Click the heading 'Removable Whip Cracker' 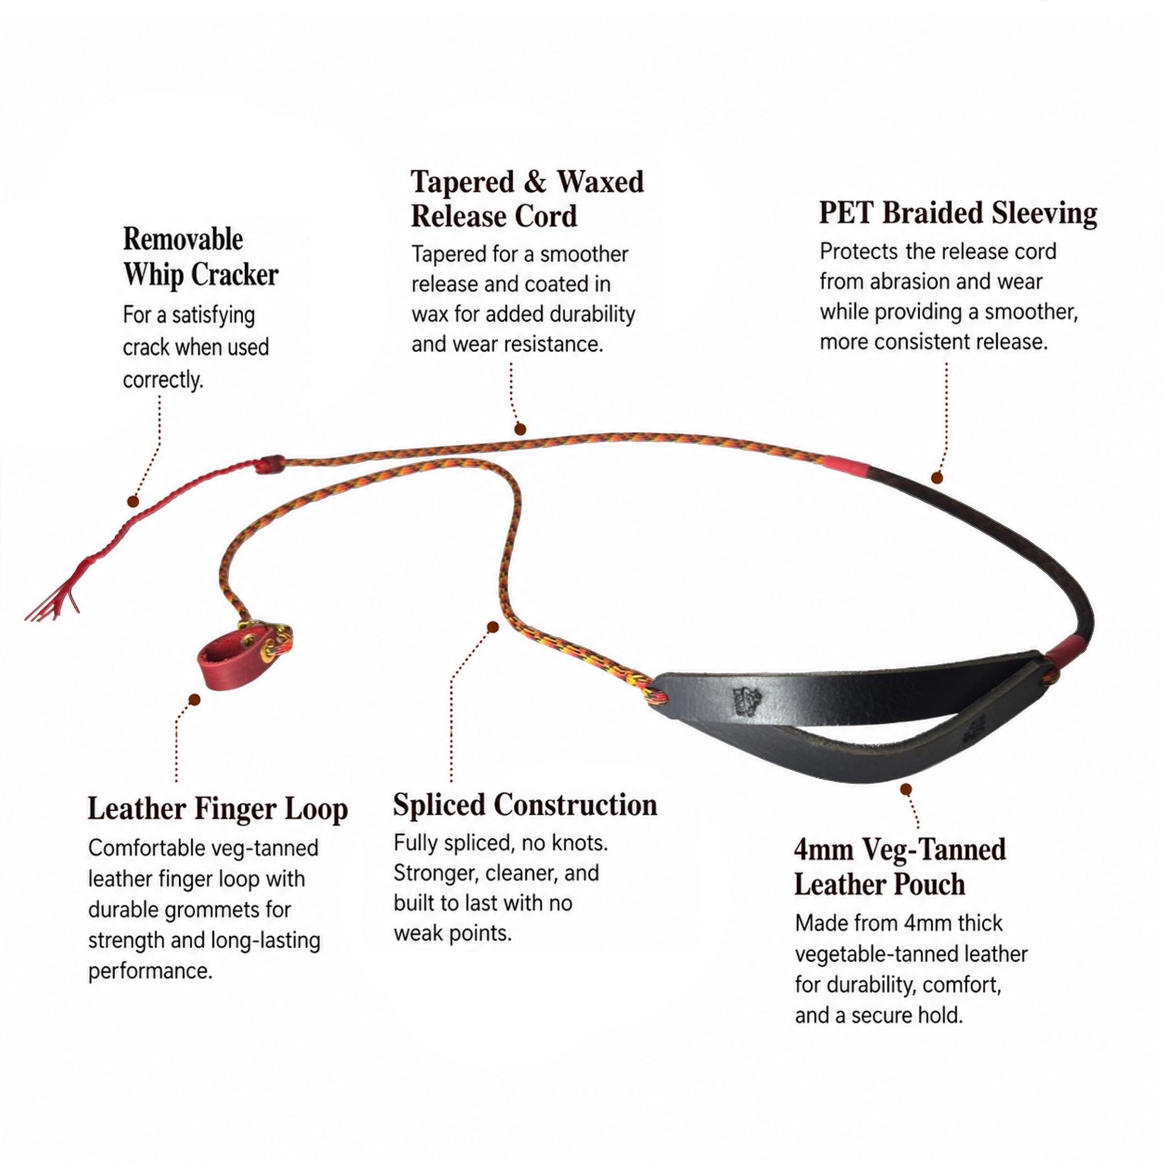tap(201, 257)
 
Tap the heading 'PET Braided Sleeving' tap(958, 213)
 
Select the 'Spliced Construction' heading tap(525, 805)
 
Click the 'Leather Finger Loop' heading tap(218, 809)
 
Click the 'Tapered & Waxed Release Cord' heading tap(527, 199)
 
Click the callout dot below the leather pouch tap(907, 789)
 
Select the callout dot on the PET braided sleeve tap(937, 478)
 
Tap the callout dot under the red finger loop tap(194, 699)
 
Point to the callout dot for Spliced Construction tap(492, 627)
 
